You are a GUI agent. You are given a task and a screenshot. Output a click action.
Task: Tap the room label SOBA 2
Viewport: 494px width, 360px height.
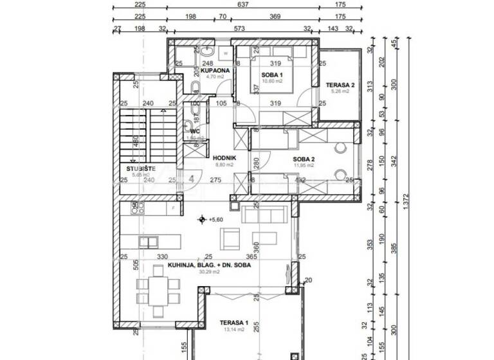point(304,159)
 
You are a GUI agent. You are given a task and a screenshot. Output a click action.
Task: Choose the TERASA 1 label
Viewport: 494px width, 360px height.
point(234,322)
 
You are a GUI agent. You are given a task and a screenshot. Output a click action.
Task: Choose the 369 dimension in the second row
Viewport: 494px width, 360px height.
point(275,16)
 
